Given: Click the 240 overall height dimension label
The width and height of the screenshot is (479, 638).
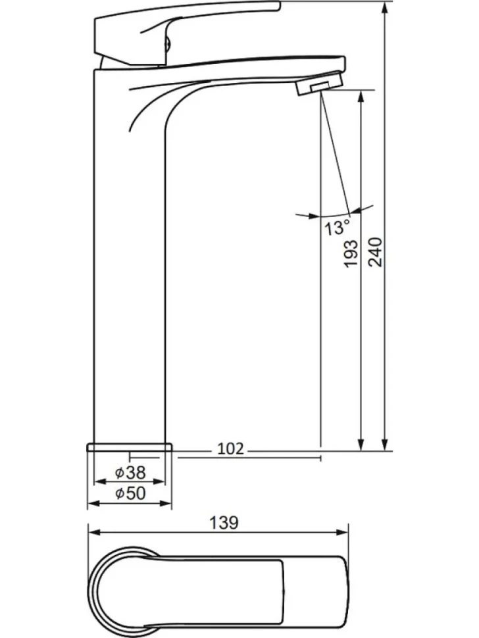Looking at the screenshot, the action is tap(375, 252).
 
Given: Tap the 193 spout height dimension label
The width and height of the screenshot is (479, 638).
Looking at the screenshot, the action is tap(351, 253).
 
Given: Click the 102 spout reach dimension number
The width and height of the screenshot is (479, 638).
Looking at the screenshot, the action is tap(230, 449).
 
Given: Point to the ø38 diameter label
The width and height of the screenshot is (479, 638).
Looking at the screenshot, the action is tap(130, 472).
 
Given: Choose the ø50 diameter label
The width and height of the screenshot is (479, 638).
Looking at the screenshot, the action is tap(130, 493).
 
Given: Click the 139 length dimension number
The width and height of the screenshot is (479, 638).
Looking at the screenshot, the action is tap(224, 522).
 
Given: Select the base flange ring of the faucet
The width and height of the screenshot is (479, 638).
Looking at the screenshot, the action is tap(130, 447).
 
